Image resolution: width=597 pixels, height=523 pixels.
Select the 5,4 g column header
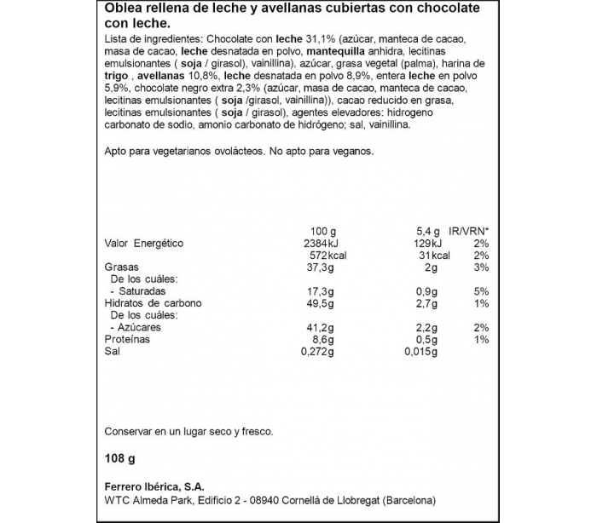(x=426, y=231)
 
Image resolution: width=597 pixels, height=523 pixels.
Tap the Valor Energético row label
(x=143, y=243)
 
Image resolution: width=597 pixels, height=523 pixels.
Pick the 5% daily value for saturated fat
(x=480, y=291)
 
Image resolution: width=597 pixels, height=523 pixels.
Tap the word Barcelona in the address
(x=408, y=500)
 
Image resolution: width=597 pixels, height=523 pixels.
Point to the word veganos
(x=351, y=150)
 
